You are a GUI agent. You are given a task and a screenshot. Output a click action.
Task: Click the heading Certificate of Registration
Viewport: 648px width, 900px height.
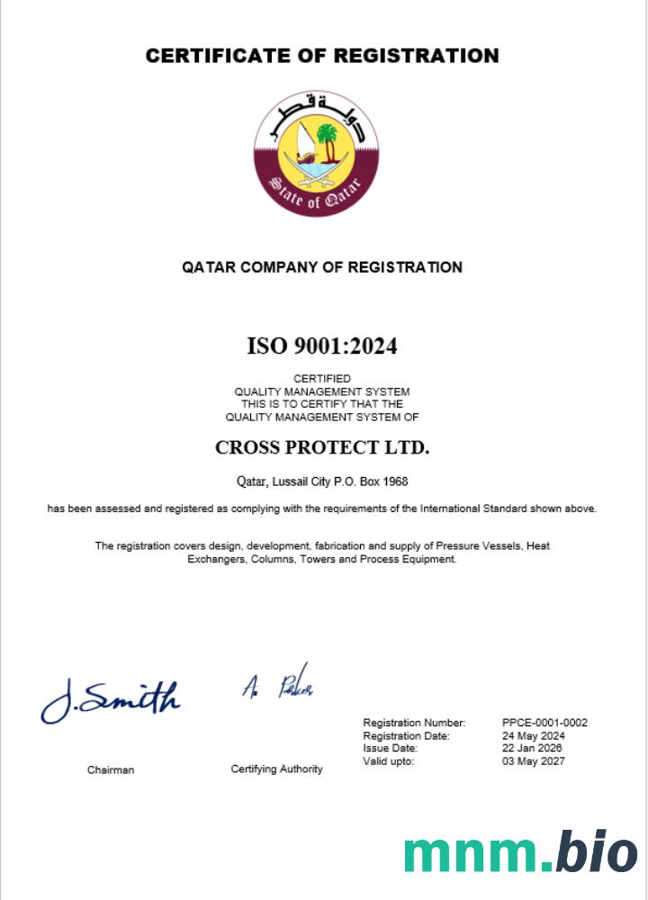coord(322,56)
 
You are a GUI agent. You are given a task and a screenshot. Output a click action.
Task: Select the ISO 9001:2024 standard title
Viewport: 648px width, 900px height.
coord(321,346)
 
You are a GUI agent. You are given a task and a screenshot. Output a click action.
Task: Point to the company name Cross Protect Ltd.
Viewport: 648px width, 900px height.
coord(322,447)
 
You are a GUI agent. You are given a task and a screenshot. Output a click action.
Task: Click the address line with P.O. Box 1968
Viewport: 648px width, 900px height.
coord(321,481)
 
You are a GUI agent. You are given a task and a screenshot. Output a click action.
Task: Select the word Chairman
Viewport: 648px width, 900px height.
coord(111,769)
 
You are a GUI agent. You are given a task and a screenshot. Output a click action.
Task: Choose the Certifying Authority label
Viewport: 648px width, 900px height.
coord(276,769)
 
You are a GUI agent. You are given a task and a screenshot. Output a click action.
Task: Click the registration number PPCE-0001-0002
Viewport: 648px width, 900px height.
coord(544,723)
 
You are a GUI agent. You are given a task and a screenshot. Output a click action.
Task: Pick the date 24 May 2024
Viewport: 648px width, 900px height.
coord(533,735)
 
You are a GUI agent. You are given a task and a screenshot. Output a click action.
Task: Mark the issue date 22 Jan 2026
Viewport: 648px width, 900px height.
coord(533,748)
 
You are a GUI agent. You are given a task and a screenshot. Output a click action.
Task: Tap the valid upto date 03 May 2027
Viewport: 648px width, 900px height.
coord(534,761)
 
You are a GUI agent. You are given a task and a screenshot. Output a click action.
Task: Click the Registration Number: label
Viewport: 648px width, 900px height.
coord(414,723)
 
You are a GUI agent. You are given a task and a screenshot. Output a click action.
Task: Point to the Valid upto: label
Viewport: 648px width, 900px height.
coord(388,761)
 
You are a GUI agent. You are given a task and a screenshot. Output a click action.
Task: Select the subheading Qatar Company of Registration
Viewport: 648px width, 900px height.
coord(322,267)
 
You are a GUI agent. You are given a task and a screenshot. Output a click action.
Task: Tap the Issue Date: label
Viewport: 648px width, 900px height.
coord(390,748)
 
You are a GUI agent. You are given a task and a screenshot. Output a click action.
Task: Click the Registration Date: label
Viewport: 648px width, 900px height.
coord(406,735)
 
